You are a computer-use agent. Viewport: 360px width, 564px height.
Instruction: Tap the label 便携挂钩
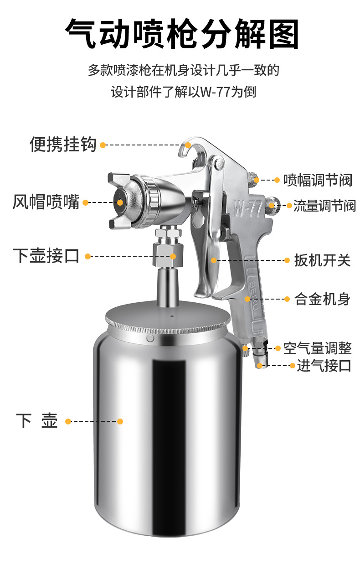(x=63, y=144)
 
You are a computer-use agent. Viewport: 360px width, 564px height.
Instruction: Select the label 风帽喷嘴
(x=46, y=202)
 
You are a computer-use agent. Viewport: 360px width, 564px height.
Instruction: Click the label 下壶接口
(x=46, y=256)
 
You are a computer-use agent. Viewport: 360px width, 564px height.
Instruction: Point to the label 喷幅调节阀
(x=318, y=180)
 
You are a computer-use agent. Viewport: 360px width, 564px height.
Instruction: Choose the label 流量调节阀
(x=324, y=206)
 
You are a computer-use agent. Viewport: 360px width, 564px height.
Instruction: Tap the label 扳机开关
(x=322, y=260)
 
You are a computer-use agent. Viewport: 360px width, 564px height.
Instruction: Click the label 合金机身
(x=322, y=299)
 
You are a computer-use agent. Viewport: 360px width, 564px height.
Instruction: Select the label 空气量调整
(x=318, y=348)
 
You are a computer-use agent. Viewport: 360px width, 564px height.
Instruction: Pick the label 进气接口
(x=324, y=365)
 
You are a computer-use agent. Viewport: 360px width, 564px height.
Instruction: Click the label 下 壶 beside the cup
(x=37, y=420)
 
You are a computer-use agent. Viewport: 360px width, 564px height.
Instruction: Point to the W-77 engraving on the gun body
(x=248, y=208)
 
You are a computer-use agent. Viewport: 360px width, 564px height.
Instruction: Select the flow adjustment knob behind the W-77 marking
(x=273, y=205)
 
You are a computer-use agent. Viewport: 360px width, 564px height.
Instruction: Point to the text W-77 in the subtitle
(x=216, y=92)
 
